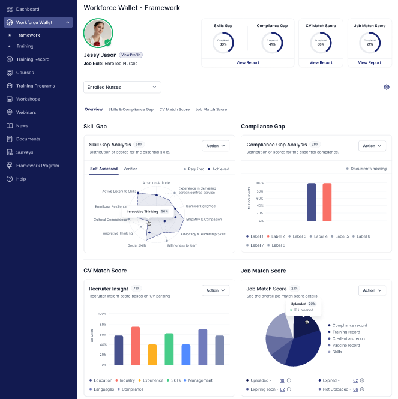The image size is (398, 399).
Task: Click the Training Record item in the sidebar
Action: (x=33, y=59)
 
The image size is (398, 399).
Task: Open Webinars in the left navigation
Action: (x=26, y=112)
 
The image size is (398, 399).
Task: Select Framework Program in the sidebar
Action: (x=37, y=166)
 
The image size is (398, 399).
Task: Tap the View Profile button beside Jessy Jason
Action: (x=131, y=55)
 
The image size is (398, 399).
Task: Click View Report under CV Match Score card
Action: (x=321, y=62)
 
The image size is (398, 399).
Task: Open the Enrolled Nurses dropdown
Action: (x=122, y=87)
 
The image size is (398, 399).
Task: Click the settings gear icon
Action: (x=387, y=87)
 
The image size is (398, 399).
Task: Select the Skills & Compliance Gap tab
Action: (x=131, y=110)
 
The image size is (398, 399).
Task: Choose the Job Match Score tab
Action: (x=211, y=110)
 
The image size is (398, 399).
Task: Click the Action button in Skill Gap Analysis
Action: (x=216, y=146)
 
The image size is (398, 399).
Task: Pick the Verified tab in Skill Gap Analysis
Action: (x=130, y=169)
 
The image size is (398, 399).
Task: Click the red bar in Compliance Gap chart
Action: (x=327, y=202)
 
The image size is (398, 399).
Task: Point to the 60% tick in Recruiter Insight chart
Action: (x=102, y=334)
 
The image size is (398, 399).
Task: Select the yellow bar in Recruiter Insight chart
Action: (x=152, y=355)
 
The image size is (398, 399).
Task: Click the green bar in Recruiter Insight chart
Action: (x=169, y=349)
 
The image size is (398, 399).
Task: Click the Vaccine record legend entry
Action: (x=346, y=346)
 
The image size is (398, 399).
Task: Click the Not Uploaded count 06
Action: (x=355, y=389)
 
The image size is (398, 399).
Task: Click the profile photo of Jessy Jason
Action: (x=98, y=33)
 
